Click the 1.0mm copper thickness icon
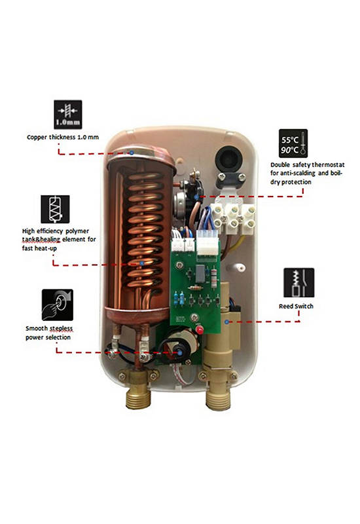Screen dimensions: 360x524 68,114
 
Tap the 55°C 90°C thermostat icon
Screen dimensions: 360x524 293,143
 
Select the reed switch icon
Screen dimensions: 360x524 299,283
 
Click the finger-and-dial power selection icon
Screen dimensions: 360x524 58,305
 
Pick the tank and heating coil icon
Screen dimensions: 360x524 55,209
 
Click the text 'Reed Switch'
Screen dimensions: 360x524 297,306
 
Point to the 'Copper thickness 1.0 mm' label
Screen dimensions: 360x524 63,137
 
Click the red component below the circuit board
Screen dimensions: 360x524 200,330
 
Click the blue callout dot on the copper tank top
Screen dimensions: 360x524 132,153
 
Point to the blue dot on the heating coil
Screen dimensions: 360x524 142,263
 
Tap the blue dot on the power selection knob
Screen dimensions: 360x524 179,352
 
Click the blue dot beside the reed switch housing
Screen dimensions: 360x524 227,322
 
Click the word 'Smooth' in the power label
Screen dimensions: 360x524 37,328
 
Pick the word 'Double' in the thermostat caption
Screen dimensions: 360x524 280,165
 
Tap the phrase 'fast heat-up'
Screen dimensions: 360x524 39,248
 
